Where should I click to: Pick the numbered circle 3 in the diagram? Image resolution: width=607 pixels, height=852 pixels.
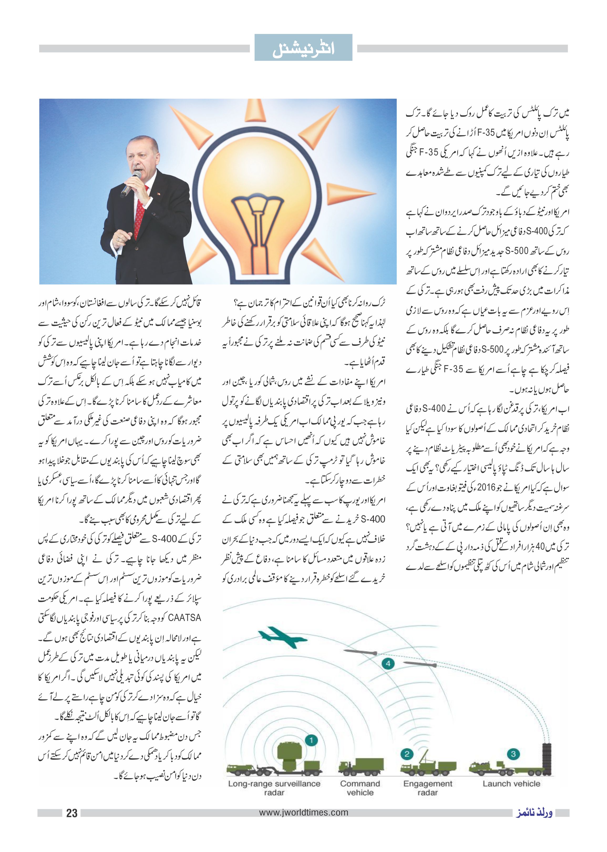[x=513, y=754]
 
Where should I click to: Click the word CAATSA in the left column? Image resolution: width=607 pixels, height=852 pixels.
[x=185, y=618]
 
